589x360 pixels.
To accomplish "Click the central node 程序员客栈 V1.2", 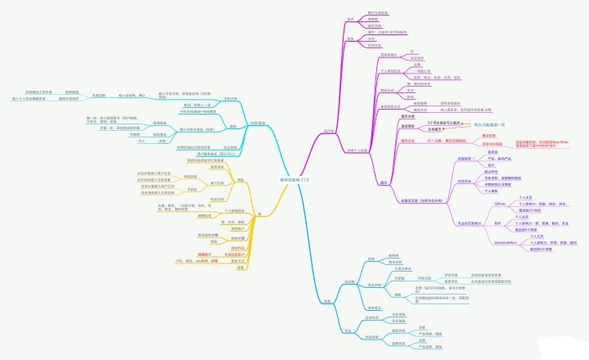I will tap(294, 179).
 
